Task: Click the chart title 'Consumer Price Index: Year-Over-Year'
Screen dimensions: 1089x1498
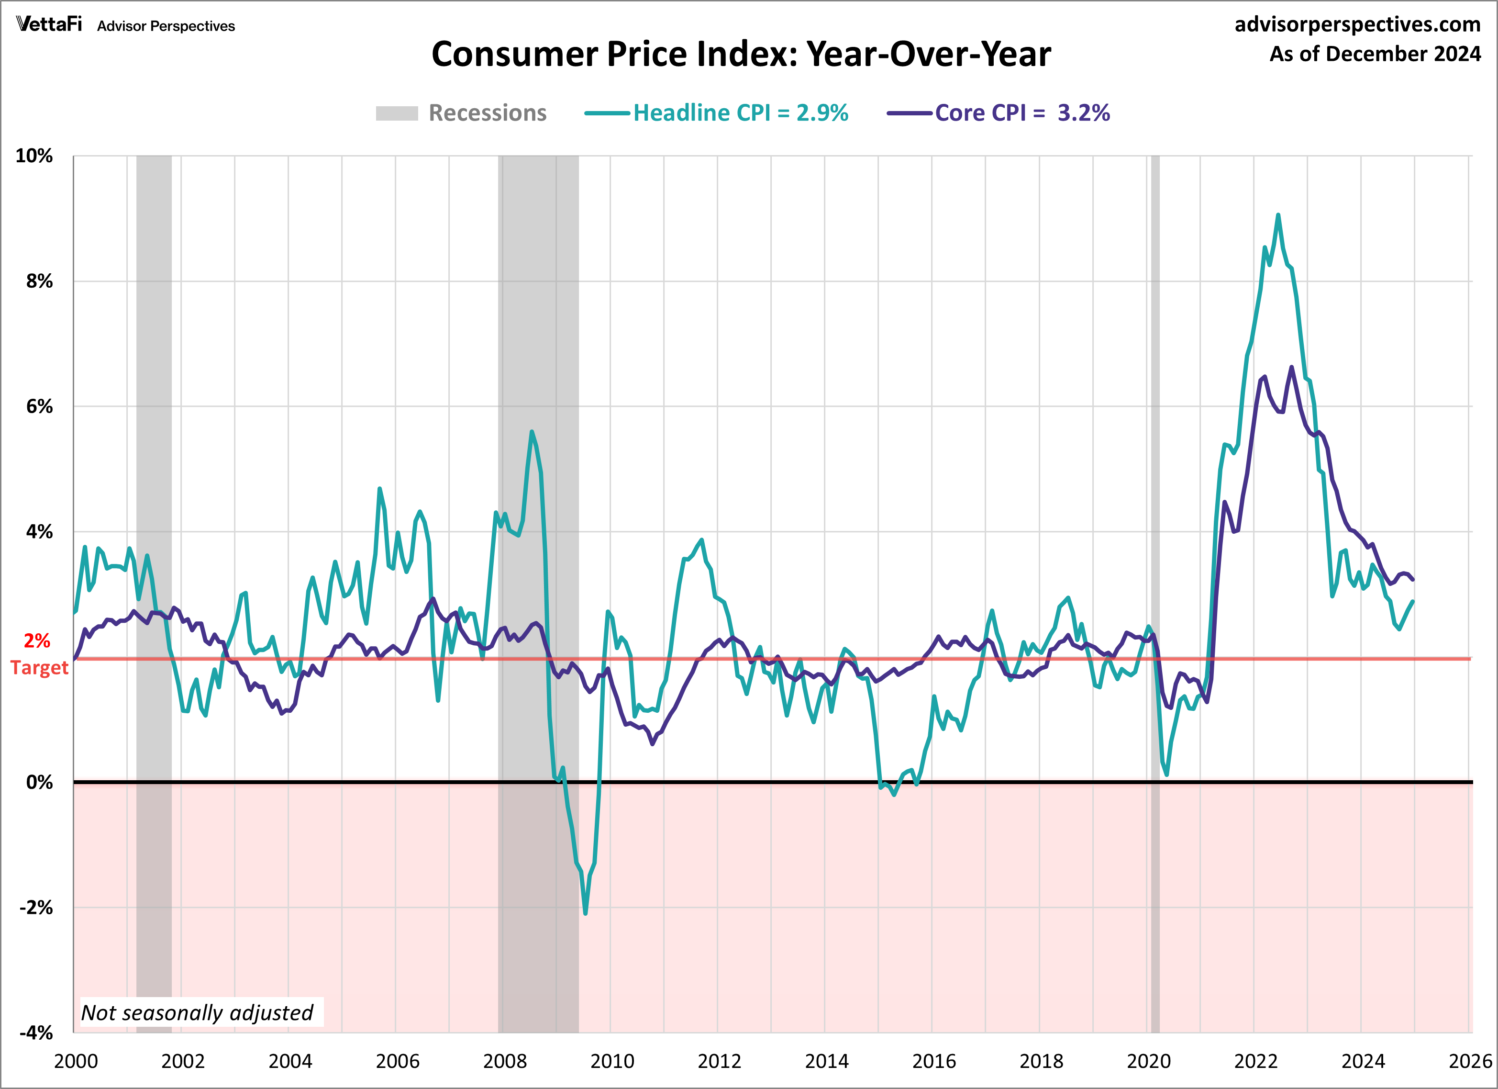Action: (x=741, y=54)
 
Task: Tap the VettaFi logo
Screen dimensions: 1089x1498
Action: (x=49, y=25)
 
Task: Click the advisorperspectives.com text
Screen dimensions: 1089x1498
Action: (x=1357, y=24)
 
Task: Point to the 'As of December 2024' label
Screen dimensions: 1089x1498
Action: (x=1375, y=54)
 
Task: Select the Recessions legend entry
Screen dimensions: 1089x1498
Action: (x=461, y=113)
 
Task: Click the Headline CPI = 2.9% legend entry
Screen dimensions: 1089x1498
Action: (x=717, y=113)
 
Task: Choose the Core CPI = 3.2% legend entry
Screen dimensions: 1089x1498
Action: (x=999, y=113)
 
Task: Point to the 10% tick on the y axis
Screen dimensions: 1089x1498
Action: (x=34, y=156)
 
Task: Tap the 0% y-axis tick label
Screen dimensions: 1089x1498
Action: (x=40, y=782)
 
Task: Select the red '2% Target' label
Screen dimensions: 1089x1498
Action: (x=38, y=654)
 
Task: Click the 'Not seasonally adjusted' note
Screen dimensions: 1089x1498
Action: (x=197, y=1012)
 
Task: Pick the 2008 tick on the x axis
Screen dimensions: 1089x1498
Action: (x=505, y=1061)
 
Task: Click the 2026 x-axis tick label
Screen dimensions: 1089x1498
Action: (x=1470, y=1061)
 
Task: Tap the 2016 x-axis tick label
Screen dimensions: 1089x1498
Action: (x=934, y=1061)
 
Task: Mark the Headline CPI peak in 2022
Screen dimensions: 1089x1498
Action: (x=1278, y=215)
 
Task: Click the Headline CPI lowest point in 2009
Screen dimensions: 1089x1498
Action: (x=585, y=913)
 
